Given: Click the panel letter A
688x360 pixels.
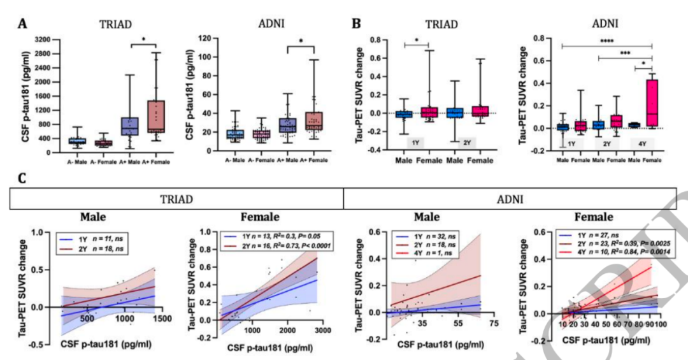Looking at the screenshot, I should pyautogui.click(x=22, y=24).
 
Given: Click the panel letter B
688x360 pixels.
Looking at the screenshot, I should pyautogui.click(x=357, y=24).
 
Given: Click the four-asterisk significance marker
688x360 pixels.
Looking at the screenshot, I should pyautogui.click(x=606, y=41).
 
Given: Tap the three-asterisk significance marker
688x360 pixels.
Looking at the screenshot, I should pyautogui.click(x=626, y=55).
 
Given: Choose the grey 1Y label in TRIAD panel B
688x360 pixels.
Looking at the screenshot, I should pyautogui.click(x=416, y=141).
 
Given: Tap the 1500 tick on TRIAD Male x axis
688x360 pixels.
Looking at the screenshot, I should pyautogui.click(x=162, y=317).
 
